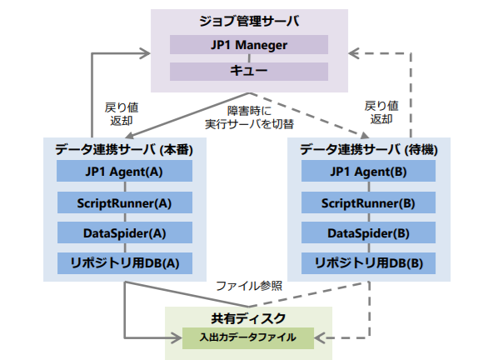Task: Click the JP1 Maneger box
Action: pyautogui.click(x=249, y=44)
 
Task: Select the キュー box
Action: pyautogui.click(x=249, y=72)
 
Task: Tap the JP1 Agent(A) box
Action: pyautogui.click(x=124, y=171)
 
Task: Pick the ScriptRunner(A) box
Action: pyautogui.click(x=124, y=202)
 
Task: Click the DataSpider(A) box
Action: pyautogui.click(x=124, y=232)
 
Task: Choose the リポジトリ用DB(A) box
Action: pyautogui.click(x=124, y=263)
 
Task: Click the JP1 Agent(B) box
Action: pyautogui.click(x=368, y=171)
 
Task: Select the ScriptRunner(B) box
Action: pyautogui.click(x=368, y=202)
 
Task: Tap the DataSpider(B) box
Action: pyautogui.click(x=368, y=232)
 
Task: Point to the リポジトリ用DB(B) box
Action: pyautogui.click(x=368, y=263)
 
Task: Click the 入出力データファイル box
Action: pyautogui.click(x=248, y=337)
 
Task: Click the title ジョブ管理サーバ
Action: pyautogui.click(x=249, y=22)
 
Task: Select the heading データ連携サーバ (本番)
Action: pyautogui.click(x=124, y=150)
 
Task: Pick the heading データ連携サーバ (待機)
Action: pyautogui.click(x=369, y=150)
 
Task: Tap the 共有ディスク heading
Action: pyautogui.click(x=248, y=318)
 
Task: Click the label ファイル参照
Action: pyautogui.click(x=249, y=286)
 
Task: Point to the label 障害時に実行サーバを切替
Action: pyautogui.click(x=249, y=117)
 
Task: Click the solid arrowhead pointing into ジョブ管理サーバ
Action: pyautogui.click(x=144, y=53)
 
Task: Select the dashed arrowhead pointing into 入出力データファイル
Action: pyautogui.click(x=320, y=337)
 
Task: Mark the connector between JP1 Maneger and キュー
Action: pyautogui.click(x=249, y=58)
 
